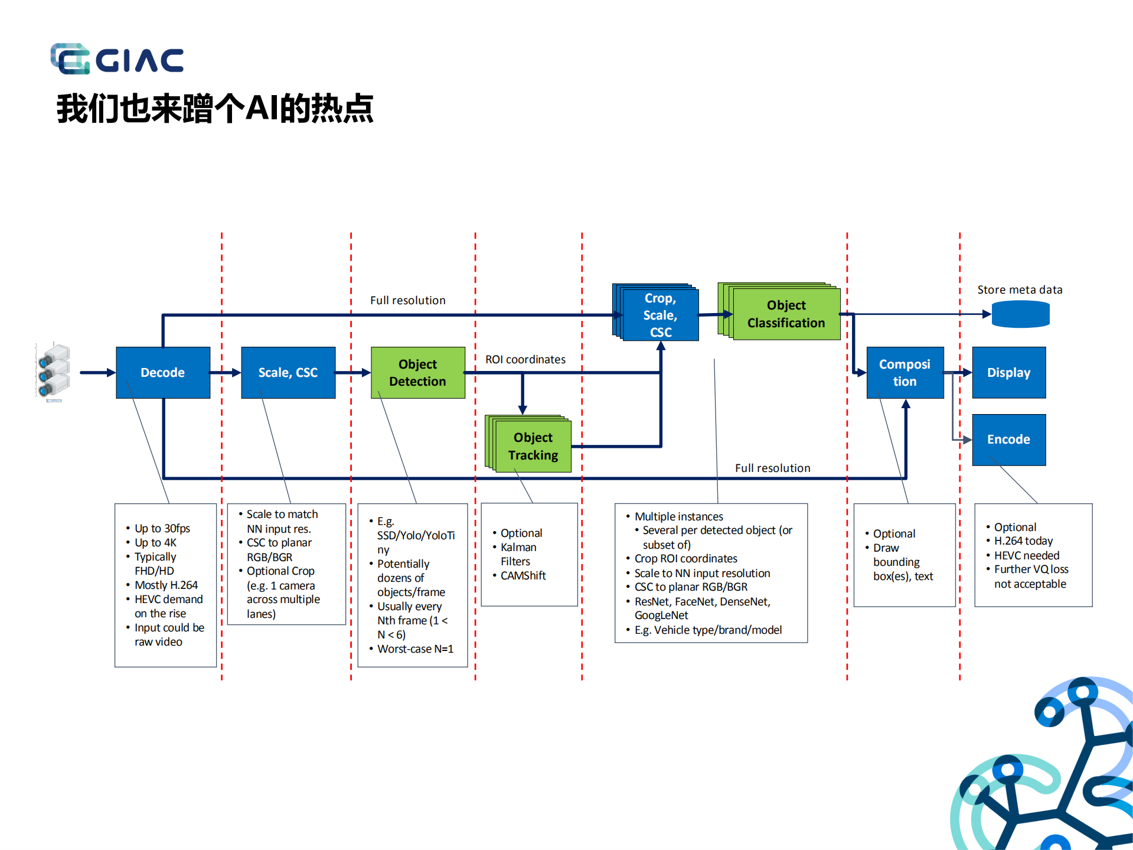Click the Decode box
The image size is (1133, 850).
(163, 372)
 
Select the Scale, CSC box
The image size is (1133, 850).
(288, 372)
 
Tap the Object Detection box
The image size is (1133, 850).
(417, 372)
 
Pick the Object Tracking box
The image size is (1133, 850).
(533, 446)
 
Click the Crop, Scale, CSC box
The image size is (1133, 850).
(660, 315)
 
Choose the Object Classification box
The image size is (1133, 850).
(785, 314)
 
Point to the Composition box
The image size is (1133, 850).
(905, 372)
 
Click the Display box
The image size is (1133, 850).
(1008, 372)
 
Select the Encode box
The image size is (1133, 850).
(1008, 439)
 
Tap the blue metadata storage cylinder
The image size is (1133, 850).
(1020, 314)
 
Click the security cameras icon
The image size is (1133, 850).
(53, 372)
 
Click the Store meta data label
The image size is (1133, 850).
(1020, 289)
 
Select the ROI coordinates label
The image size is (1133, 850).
(525, 359)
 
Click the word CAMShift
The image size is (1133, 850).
(523, 575)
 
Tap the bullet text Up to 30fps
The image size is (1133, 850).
(162, 528)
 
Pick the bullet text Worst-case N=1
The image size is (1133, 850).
(415, 649)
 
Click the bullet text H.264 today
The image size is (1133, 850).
(1023, 541)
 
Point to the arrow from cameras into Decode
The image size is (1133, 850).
(97, 372)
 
